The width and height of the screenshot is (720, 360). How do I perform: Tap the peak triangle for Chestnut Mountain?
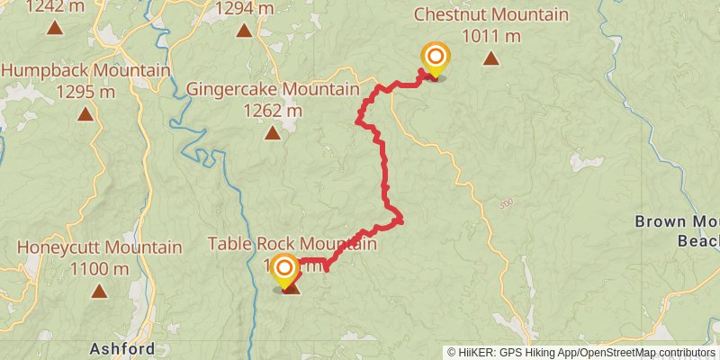(x=490, y=59)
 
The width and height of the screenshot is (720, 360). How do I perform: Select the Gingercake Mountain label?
(x=272, y=90)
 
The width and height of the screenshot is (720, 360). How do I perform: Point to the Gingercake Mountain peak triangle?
(x=272, y=134)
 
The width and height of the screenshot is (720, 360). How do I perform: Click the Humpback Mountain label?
(x=85, y=70)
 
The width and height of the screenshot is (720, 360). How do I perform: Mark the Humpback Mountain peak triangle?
(x=85, y=114)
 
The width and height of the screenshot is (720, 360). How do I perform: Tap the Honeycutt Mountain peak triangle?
(x=98, y=291)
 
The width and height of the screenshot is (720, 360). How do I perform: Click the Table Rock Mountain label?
(x=291, y=244)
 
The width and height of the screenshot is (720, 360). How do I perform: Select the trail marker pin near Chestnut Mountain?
(x=436, y=59)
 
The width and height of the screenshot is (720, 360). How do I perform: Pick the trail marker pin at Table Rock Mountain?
(x=284, y=269)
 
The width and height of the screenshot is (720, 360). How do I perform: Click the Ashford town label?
(x=122, y=348)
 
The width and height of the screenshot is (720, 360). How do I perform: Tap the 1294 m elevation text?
(x=244, y=10)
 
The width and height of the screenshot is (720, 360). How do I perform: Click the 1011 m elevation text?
(x=490, y=36)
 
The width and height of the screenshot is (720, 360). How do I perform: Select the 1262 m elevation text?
(x=272, y=111)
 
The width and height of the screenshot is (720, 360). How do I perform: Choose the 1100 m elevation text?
(x=98, y=268)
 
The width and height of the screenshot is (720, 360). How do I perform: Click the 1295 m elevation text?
(x=85, y=92)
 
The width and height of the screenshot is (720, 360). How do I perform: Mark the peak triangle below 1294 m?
(x=244, y=31)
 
